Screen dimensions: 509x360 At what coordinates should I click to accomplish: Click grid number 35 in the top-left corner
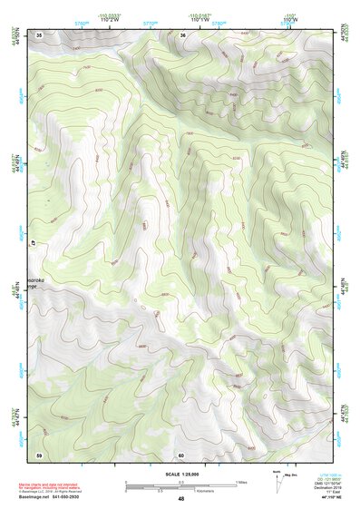tap(39, 34)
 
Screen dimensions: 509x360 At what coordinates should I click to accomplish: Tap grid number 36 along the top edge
tap(183, 34)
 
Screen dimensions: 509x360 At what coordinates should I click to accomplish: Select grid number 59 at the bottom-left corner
tap(39, 454)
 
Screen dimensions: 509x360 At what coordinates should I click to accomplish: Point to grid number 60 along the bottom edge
tap(181, 455)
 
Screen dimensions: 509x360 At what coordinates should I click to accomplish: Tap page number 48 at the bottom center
tap(180, 499)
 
